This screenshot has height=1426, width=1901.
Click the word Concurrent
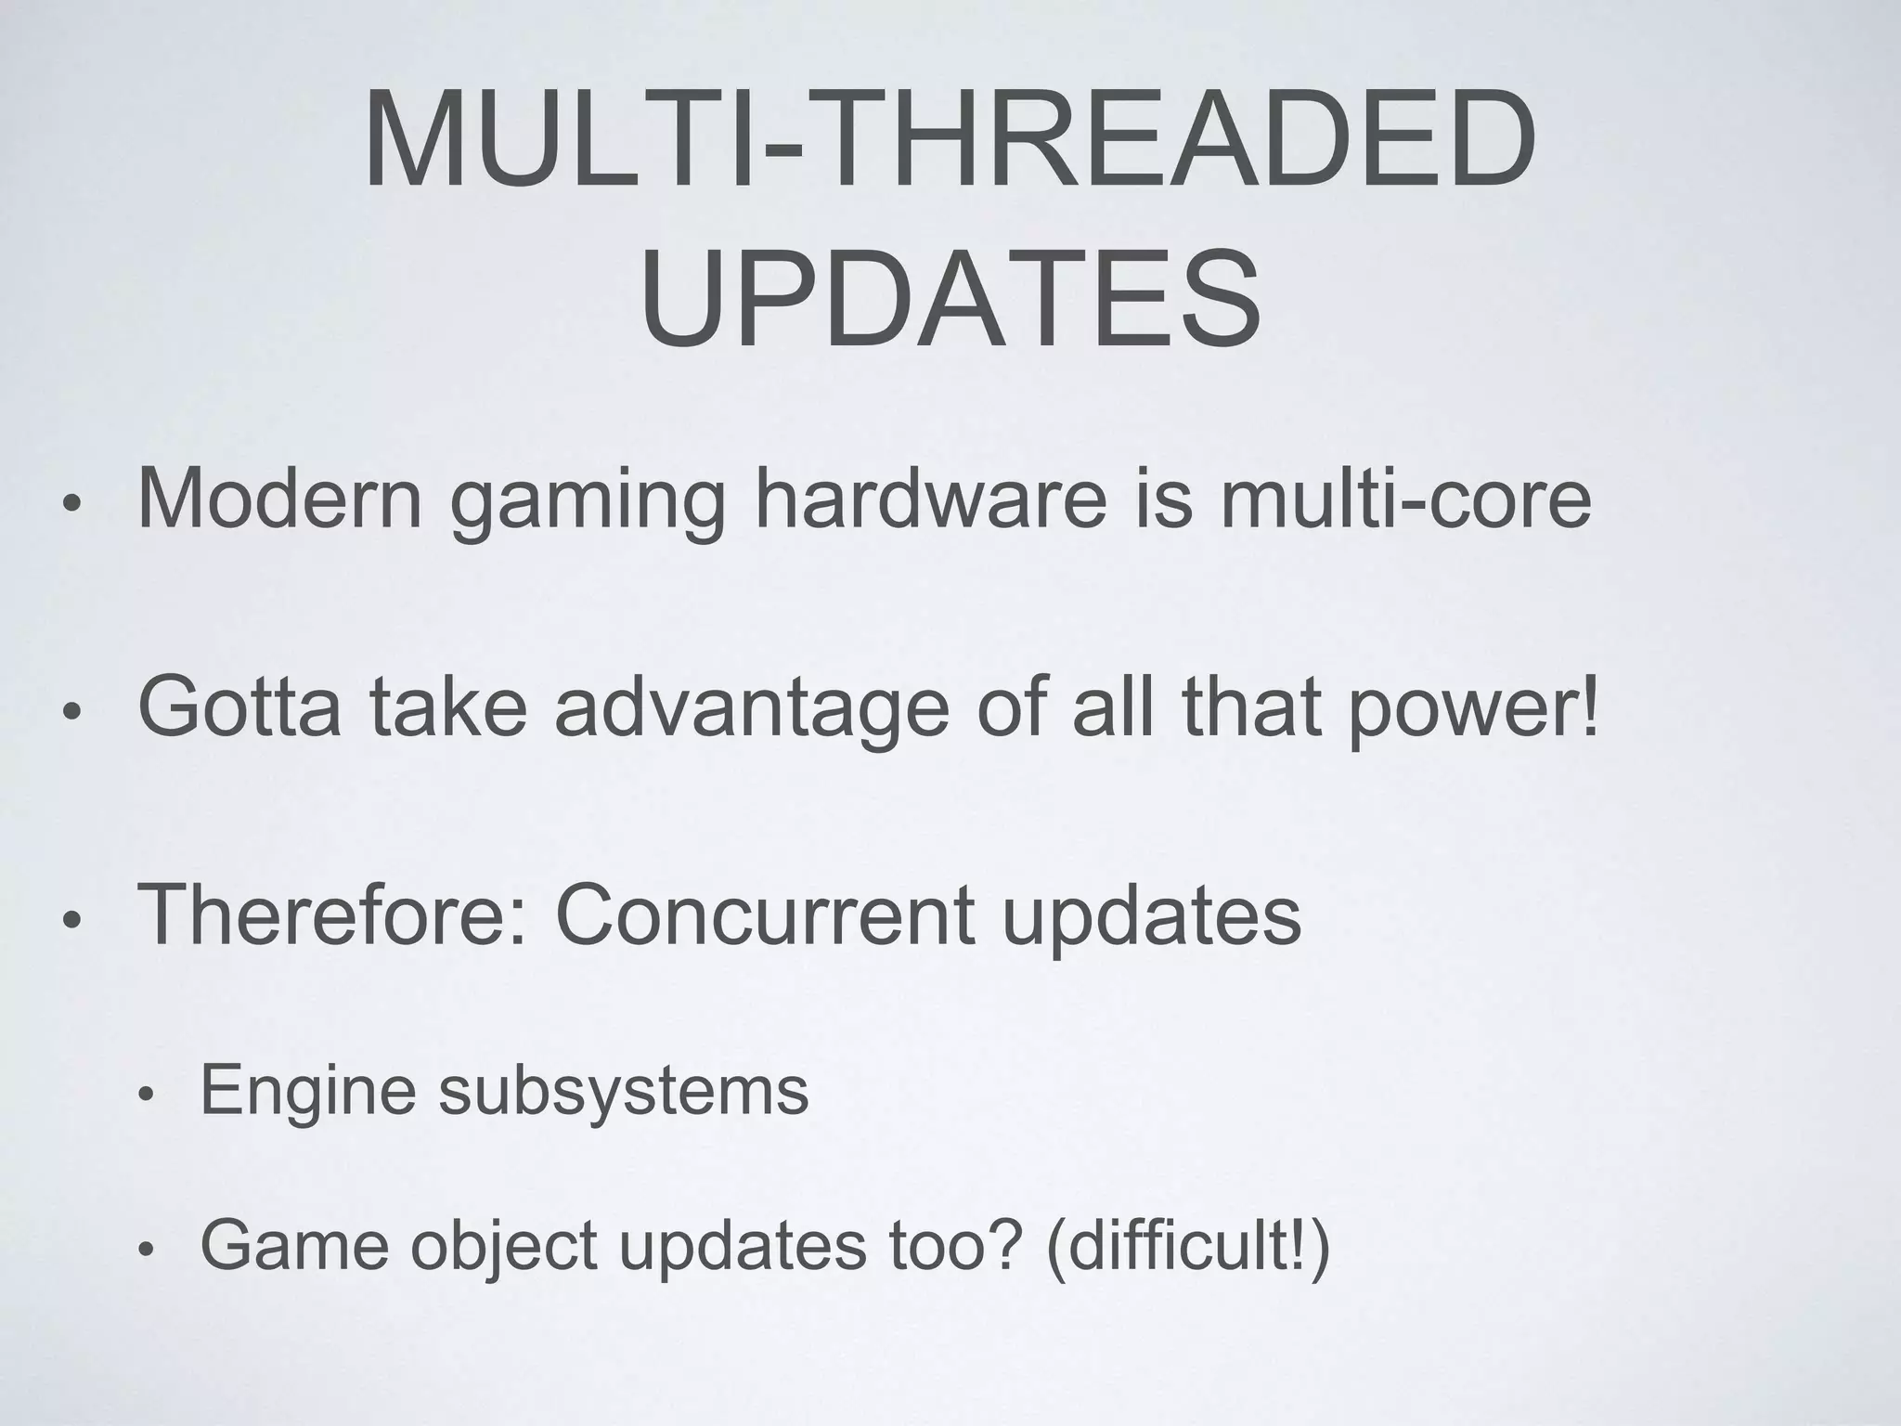point(765,915)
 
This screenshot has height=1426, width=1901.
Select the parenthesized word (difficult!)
point(1188,1246)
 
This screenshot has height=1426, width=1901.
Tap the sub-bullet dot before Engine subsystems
point(144,1096)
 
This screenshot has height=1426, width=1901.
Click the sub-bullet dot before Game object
point(144,1251)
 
